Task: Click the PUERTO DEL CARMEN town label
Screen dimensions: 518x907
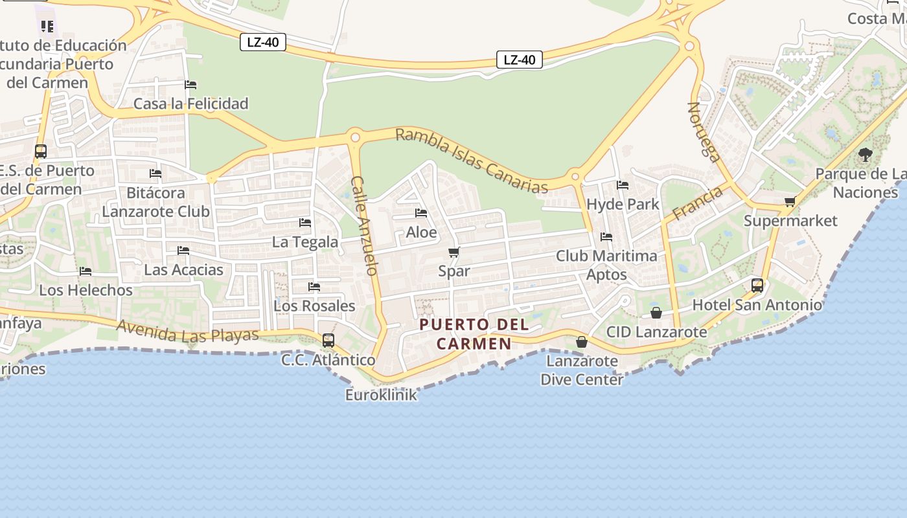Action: (x=474, y=333)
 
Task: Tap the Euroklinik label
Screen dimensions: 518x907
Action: (x=381, y=394)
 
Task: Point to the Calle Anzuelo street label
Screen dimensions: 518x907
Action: (x=364, y=225)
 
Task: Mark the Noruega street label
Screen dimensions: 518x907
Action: (x=704, y=131)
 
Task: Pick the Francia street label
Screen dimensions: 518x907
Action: (x=697, y=203)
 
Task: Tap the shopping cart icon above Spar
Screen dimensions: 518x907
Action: (x=454, y=252)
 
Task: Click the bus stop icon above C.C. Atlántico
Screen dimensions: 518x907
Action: (x=328, y=340)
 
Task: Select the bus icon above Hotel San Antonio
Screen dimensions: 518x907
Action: (x=757, y=285)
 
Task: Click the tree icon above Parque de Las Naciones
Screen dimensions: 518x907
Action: (x=865, y=154)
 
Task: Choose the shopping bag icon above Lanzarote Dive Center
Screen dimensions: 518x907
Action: (x=581, y=341)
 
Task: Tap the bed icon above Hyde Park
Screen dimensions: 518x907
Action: (x=623, y=185)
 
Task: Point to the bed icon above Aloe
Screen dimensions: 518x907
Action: (x=421, y=213)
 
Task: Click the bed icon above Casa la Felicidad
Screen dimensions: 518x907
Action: (x=190, y=85)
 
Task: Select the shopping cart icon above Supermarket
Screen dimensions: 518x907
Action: (x=790, y=201)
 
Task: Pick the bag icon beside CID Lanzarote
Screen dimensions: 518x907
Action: (x=656, y=313)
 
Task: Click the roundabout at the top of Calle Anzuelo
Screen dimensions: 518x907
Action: (x=354, y=137)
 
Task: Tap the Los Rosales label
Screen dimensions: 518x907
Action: (x=314, y=306)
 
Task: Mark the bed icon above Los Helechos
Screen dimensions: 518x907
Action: (x=86, y=271)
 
